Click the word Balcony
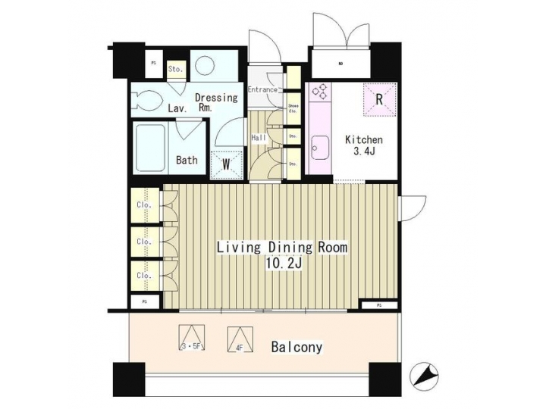pos(297,348)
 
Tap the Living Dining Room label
pos(282,248)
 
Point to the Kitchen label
pos(364,140)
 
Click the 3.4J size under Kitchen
pos(364,154)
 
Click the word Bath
pos(187,160)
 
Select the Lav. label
pos(177,109)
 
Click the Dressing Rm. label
pos(216,103)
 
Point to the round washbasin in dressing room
pos(206,65)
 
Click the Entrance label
pos(262,90)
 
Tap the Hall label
pos(259,138)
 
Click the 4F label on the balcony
pos(239,348)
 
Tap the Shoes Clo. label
pos(293,108)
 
